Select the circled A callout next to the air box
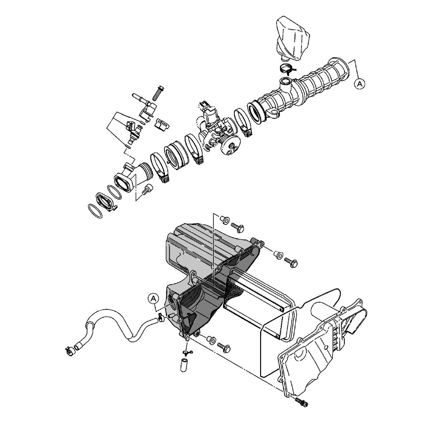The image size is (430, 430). (x=154, y=298)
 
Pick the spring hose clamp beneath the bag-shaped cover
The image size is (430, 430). (x=286, y=69)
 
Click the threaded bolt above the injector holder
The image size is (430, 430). (x=158, y=94)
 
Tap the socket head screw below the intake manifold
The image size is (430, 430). (x=147, y=190)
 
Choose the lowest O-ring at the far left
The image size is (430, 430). (x=95, y=211)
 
